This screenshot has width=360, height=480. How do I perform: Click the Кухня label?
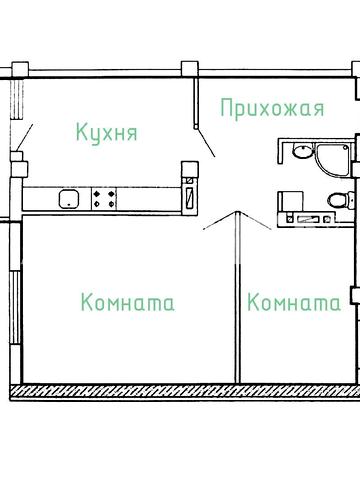(x=106, y=132)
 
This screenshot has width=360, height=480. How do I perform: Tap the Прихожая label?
(x=272, y=107)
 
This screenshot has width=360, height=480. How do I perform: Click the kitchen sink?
(x=68, y=199)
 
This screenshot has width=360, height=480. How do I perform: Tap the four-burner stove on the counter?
(x=104, y=199)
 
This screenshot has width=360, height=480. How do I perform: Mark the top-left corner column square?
(x=16, y=70)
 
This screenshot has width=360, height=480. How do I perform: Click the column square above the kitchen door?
(x=187, y=68)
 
